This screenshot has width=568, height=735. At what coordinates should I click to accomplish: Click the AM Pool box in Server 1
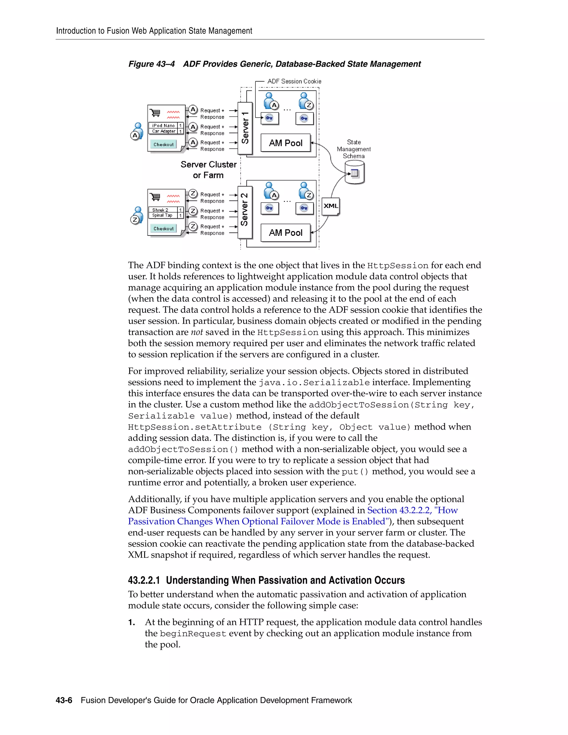[285, 143]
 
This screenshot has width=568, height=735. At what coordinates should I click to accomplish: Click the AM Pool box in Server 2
[285, 232]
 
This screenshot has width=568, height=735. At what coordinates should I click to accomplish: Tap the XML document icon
[331, 206]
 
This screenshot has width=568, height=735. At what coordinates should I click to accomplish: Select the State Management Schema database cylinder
[354, 173]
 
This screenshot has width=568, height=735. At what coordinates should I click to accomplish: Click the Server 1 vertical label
[245, 128]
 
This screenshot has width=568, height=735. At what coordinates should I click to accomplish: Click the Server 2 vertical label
[245, 210]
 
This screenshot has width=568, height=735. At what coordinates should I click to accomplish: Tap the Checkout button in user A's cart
[164, 145]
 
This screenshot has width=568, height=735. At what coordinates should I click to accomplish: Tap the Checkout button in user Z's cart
[164, 229]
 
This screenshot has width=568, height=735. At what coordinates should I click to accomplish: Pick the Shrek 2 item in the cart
[161, 210]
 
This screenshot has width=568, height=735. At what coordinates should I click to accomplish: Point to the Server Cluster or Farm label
[208, 170]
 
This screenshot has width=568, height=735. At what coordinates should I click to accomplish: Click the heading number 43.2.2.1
[144, 581]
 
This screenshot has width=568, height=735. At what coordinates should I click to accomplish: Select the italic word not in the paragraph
[197, 333]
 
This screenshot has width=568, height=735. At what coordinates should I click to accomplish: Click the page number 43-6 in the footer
[64, 700]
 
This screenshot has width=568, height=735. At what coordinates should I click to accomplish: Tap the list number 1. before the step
[131, 623]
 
